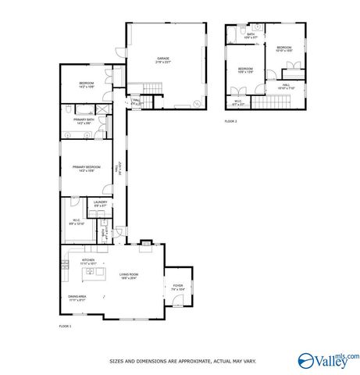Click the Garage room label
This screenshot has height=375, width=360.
tap(163, 59)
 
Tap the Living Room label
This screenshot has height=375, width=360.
tap(129, 276)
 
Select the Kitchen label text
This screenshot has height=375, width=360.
tap(87, 262)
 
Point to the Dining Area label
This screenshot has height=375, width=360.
tap(77, 298)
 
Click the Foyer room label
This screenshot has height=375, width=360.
tap(178, 287)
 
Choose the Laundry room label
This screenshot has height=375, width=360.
tap(100, 204)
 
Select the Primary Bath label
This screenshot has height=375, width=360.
tap(84, 121)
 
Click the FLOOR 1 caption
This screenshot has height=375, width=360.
tap(65, 325)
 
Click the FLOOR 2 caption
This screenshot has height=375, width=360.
tap(230, 121)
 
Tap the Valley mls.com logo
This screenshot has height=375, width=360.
tap(329, 359)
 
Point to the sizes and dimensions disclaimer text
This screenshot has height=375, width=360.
tap(183, 361)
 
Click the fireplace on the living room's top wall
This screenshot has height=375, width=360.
tap(145, 249)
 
